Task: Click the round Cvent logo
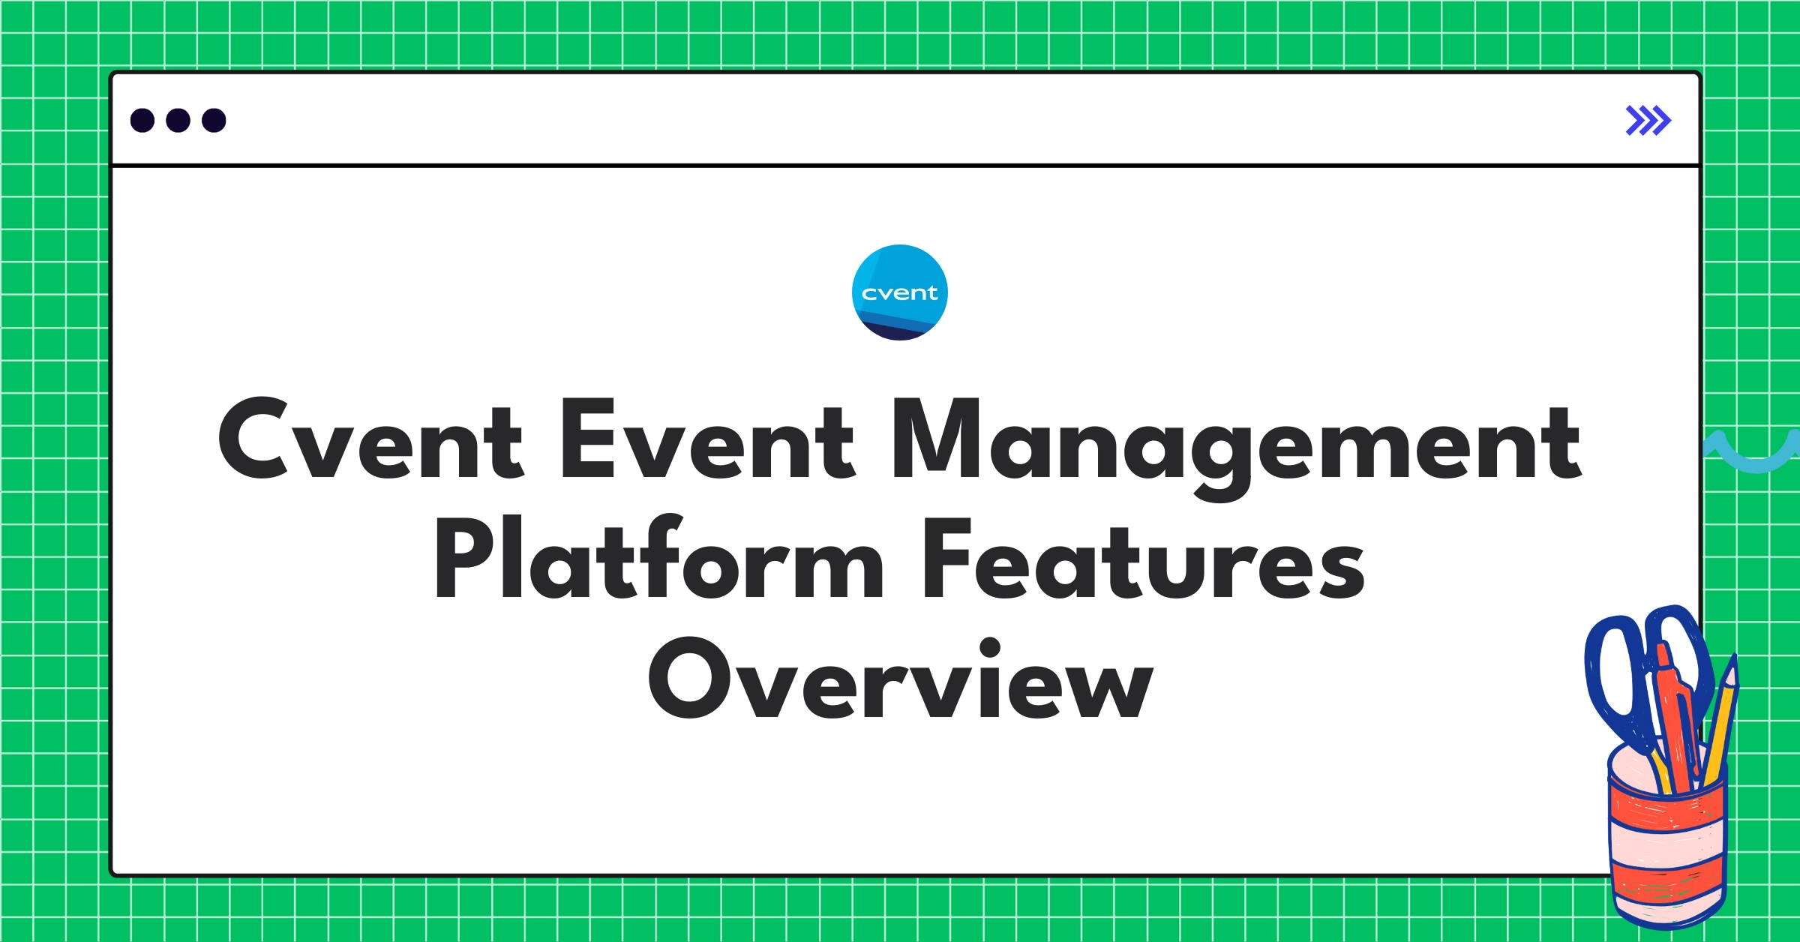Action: (899, 292)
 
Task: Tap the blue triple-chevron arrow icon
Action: (1648, 121)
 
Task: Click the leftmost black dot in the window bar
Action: (142, 121)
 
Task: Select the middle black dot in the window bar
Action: (178, 121)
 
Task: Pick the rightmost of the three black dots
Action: (214, 121)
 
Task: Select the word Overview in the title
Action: (900, 679)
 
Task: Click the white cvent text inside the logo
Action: (899, 293)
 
